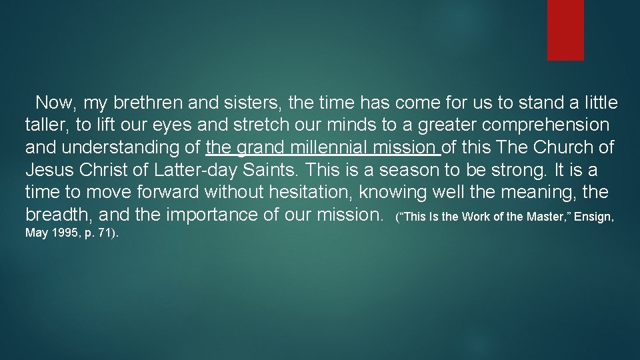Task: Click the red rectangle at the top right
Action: pos(565,30)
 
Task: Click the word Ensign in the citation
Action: pos(595,217)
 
